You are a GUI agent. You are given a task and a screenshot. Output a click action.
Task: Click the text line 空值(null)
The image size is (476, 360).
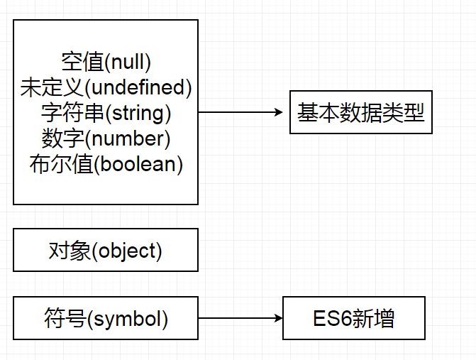pos(106,62)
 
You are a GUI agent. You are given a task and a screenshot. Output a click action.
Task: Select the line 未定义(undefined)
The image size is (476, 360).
pos(106,88)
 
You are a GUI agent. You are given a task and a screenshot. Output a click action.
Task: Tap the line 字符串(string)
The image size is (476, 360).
pos(106,113)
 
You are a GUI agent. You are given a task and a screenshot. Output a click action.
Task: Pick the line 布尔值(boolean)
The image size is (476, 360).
pos(106,164)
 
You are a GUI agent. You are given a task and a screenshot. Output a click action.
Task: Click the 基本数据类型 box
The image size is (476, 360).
pos(360,112)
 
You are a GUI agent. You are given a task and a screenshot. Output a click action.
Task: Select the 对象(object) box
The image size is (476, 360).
pos(106,250)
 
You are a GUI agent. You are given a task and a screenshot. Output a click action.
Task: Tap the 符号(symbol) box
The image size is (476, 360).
pos(106,319)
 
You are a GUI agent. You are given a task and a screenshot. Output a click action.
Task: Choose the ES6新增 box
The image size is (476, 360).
pos(353,319)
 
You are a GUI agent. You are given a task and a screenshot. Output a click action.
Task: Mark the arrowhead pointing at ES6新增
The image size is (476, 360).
pos(277,319)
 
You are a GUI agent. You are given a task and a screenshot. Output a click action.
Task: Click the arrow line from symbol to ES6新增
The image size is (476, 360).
pos(238,319)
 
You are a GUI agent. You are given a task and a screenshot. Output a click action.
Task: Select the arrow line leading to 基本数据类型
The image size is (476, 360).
pos(238,112)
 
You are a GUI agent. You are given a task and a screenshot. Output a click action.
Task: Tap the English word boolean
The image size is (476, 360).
pos(138,164)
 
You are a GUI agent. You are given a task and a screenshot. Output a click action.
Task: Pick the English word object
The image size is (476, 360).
pos(127,250)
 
